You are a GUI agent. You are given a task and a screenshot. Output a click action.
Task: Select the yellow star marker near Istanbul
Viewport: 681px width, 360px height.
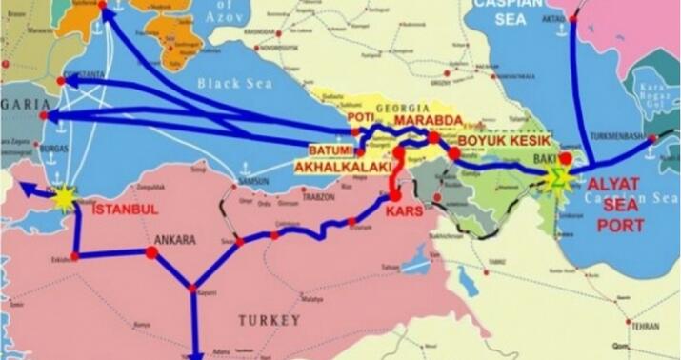[64, 196]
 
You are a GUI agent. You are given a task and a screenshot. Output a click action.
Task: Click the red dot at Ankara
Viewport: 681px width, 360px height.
[150, 253]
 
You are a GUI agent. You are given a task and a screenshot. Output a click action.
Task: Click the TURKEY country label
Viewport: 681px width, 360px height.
[270, 320]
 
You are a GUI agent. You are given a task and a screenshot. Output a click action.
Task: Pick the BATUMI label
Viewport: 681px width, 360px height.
[330, 151]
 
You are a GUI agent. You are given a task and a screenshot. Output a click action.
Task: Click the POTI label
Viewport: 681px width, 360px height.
[360, 117]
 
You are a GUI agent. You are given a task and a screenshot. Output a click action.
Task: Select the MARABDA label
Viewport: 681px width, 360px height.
[429, 121]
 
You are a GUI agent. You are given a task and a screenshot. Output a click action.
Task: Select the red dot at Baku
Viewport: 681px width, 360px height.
[565, 158]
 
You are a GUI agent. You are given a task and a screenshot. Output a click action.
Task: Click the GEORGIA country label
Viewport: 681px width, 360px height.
[400, 108]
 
